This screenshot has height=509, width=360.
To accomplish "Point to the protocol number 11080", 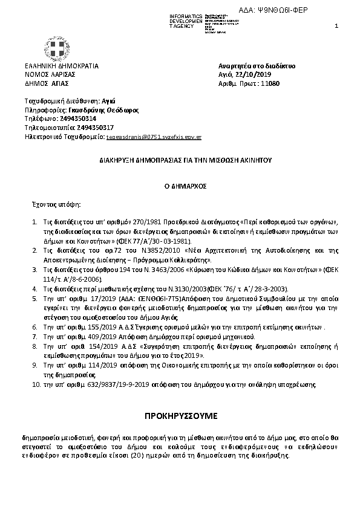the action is (269, 83).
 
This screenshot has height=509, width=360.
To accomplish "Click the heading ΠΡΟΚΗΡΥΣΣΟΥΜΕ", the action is (181, 417).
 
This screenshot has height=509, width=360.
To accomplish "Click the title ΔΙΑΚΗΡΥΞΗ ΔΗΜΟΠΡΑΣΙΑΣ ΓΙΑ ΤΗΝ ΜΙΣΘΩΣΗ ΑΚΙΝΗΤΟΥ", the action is (181, 162).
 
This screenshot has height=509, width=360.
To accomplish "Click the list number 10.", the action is (36, 384).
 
